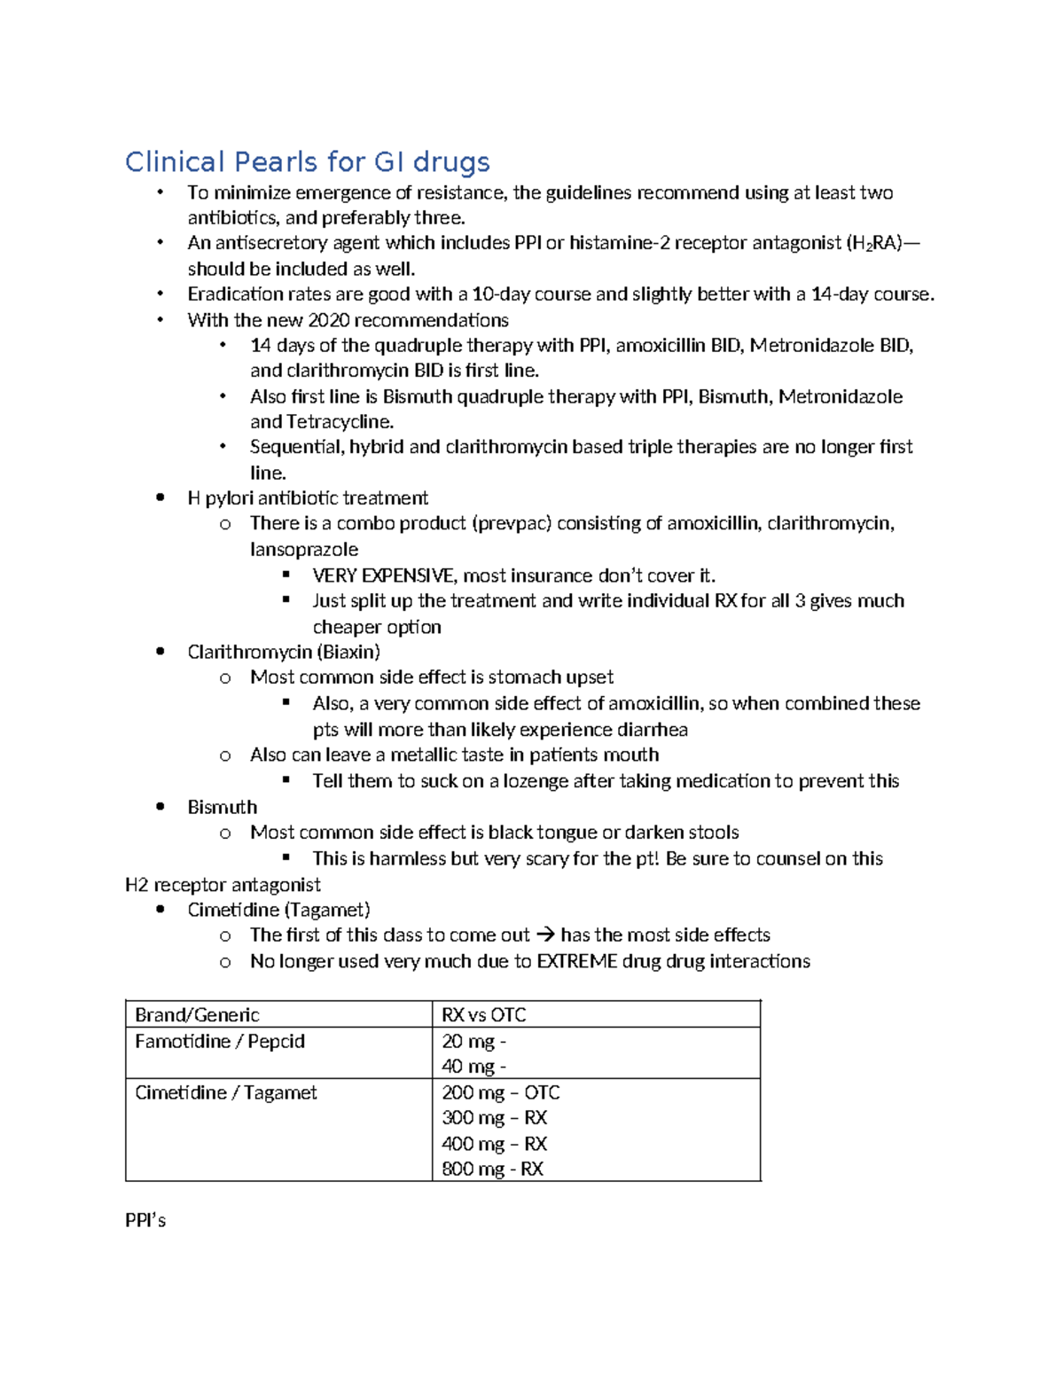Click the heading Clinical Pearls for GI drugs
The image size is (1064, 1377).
[307, 162]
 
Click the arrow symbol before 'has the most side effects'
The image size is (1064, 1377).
[546, 935]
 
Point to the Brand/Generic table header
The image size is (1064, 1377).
[197, 1015]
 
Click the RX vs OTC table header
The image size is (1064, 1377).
[484, 1015]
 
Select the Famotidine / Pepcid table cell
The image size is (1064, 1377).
[220, 1042]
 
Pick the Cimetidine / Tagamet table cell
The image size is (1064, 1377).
[225, 1093]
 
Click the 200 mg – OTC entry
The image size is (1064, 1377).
[500, 1093]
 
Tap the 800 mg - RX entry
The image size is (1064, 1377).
[492, 1170]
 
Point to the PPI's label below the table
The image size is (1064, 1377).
[145, 1221]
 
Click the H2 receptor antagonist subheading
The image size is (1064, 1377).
[223, 885]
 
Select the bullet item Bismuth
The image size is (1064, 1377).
[222, 808]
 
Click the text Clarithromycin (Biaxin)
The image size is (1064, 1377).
[284, 653]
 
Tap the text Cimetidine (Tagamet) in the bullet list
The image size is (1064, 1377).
[278, 911]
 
